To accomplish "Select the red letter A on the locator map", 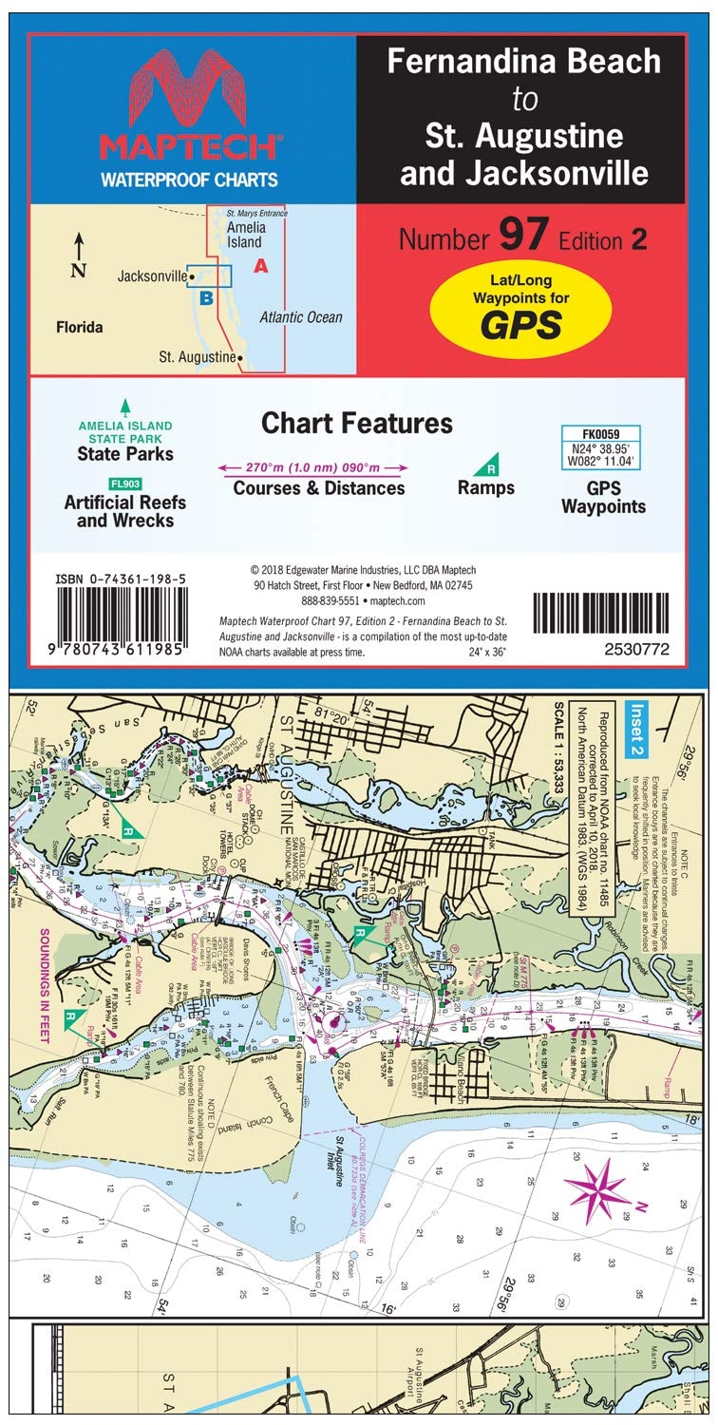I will [x=260, y=267].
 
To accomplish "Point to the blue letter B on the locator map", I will [x=205, y=297].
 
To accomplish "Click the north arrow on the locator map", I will [x=80, y=248].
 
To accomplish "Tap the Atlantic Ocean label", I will [x=301, y=317].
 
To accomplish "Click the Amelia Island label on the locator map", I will [x=246, y=234].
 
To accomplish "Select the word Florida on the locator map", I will [x=80, y=328].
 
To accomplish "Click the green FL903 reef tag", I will [x=125, y=484].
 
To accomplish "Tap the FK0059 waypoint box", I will [x=600, y=447].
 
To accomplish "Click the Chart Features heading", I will [x=357, y=423].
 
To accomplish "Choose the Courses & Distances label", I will [x=320, y=488].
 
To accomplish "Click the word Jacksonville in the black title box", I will [x=524, y=174].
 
